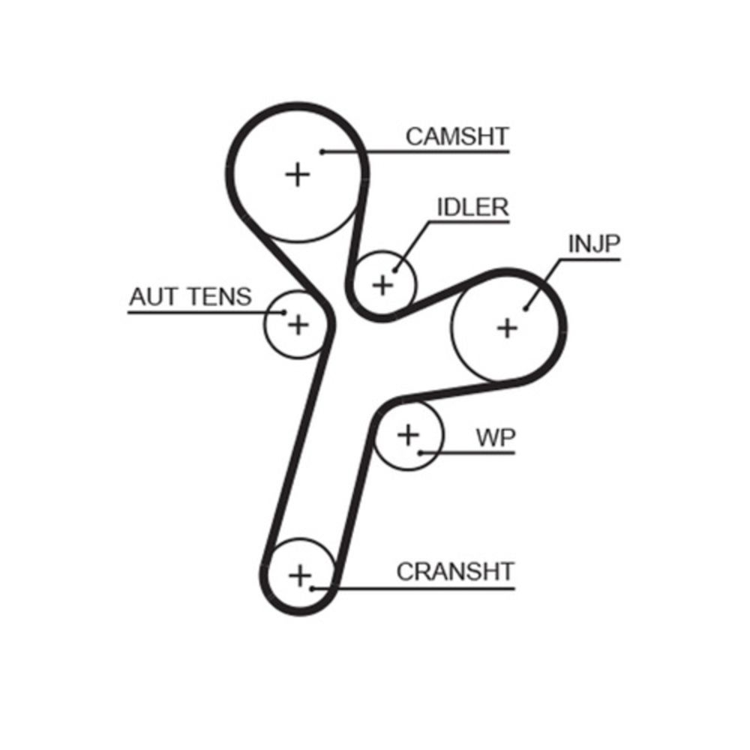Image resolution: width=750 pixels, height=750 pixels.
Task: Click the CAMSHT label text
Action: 457,136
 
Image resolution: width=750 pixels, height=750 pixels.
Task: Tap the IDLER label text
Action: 472,207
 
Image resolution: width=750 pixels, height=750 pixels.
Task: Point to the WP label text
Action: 496,438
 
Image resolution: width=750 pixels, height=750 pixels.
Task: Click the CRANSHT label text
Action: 455,571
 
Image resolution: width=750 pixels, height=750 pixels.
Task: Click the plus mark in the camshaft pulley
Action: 298,175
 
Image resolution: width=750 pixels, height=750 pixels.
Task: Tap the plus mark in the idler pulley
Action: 383,285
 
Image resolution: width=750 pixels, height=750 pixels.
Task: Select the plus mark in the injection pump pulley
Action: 508,327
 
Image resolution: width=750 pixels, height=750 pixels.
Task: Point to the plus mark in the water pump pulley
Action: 408,434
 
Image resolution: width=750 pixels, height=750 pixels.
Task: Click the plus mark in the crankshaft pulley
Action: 299,576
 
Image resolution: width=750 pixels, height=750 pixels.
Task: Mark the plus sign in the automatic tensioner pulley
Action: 298,325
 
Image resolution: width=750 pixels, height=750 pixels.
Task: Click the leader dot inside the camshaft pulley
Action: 322,152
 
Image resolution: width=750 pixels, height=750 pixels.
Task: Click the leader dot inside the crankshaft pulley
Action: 312,587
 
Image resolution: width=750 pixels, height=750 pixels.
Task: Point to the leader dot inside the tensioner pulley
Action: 284,312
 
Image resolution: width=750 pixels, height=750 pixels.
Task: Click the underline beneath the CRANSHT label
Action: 420,587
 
